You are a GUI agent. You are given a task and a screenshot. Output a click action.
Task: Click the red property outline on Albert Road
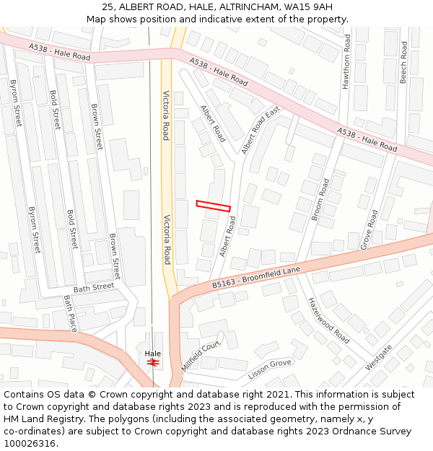pyautogui.click(x=214, y=206)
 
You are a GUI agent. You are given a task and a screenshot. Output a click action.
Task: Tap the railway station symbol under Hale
pyautogui.click(x=152, y=362)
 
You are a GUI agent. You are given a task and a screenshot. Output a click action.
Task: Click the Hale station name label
pyautogui.click(x=152, y=354)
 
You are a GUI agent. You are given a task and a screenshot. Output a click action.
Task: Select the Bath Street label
pyautogui.click(x=94, y=287)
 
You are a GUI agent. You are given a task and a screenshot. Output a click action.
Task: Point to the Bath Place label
pyautogui.click(x=70, y=313)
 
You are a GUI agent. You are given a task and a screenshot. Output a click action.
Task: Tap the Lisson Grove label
pyautogui.click(x=269, y=369)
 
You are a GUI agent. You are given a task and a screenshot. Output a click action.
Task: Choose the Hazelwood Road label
pyautogui.click(x=328, y=320)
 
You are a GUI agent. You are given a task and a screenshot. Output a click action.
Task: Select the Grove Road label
pyautogui.click(x=369, y=229)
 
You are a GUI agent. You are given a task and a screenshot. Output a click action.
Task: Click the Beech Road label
pyautogui.click(x=403, y=62)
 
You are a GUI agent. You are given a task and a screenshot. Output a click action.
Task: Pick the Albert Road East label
pyautogui.click(x=260, y=131)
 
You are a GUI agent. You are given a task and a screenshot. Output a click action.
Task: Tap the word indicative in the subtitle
pyautogui.click(x=225, y=19)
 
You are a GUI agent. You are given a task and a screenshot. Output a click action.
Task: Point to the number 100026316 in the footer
pyautogui.click(x=28, y=443)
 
